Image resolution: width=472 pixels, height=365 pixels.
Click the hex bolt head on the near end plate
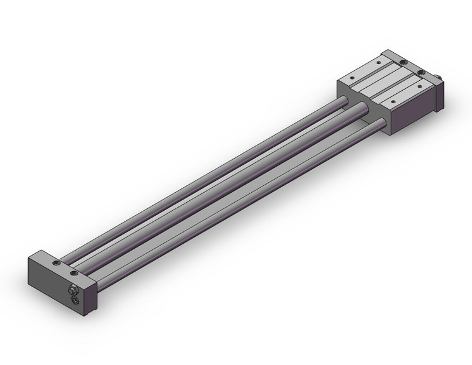pos(73,290)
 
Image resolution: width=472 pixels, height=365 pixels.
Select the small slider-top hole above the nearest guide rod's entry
pos(393,101)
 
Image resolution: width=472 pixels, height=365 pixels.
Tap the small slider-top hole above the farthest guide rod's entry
pos(352,78)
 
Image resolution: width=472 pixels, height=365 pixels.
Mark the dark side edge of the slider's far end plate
pos(440,97)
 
